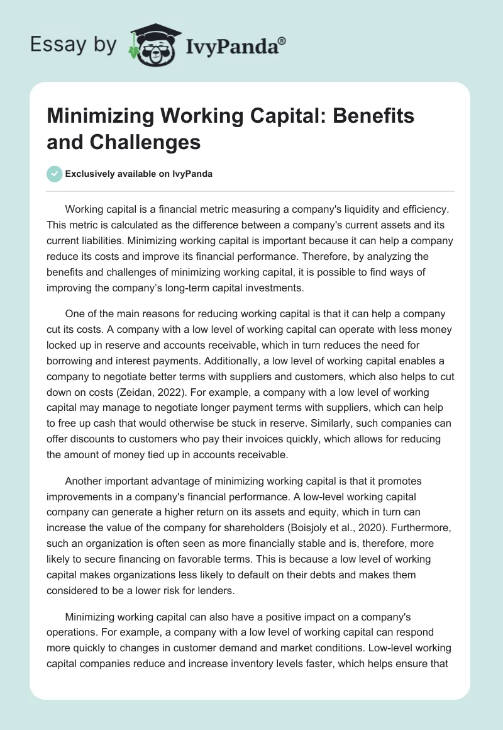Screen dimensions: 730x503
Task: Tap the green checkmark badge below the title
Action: (54, 174)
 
